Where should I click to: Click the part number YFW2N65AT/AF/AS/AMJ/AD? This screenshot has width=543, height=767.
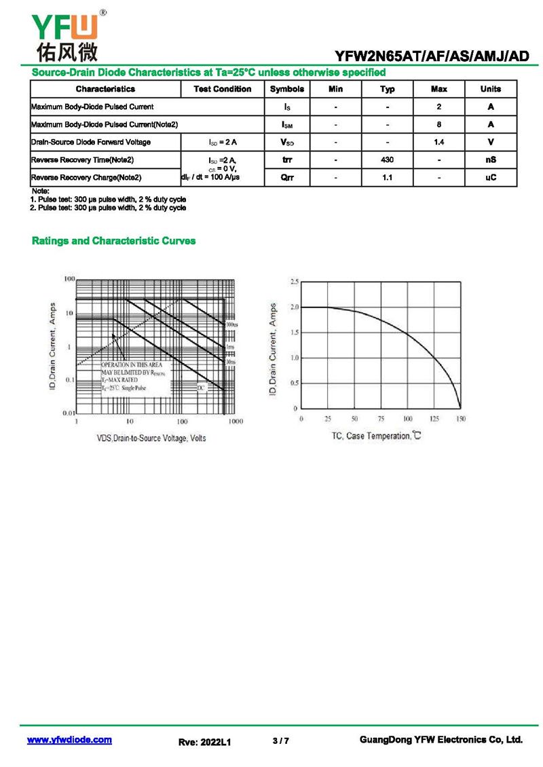(432, 57)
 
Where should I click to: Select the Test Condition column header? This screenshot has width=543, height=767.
(222, 89)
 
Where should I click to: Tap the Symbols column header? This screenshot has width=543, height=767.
(287, 89)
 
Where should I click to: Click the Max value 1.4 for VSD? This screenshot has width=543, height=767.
(439, 142)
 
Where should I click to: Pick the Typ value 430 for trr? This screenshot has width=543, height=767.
(387, 160)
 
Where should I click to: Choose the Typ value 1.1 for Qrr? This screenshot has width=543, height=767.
(387, 177)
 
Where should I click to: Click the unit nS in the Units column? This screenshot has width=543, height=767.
(490, 160)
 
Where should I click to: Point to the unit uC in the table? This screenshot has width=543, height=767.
(490, 177)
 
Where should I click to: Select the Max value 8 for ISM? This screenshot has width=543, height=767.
(439, 124)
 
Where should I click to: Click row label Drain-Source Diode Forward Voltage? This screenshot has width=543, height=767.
(91, 142)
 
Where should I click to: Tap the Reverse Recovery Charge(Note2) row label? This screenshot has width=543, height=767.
(86, 177)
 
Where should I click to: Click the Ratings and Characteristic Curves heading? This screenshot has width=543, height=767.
(114, 241)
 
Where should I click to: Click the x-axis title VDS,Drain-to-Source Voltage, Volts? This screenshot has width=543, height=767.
(151, 438)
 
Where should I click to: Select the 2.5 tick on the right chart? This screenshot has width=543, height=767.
(294, 282)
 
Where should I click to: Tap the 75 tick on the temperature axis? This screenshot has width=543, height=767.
(381, 419)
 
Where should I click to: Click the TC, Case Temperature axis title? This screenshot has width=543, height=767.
(377, 436)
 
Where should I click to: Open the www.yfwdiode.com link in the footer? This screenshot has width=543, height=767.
(69, 740)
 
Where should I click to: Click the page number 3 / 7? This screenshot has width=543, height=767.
(280, 741)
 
